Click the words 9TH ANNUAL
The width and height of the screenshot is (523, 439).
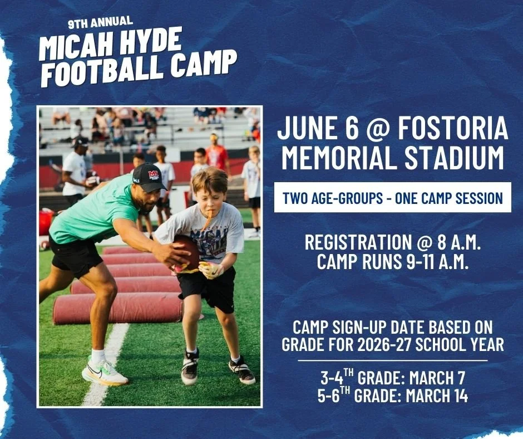[x=100, y=23]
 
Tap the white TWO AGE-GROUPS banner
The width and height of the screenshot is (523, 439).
[x=392, y=197]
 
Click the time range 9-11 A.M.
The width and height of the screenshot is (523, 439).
[x=433, y=262]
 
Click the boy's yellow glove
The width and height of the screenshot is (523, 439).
[x=211, y=270]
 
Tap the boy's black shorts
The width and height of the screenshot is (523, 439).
[x=206, y=287]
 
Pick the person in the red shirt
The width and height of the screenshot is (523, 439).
[x=217, y=155]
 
